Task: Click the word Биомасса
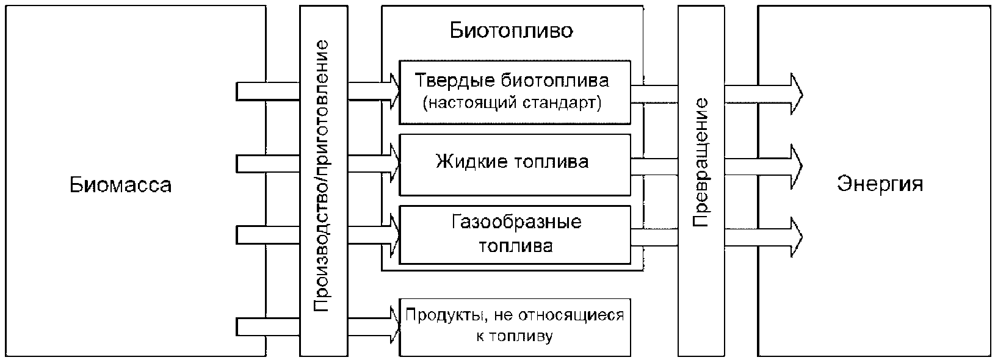120,184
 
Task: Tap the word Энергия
880,184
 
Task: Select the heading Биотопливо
512,31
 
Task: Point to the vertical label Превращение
700,162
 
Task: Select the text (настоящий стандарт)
512,103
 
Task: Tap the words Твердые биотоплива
512,81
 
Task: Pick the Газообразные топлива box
514,234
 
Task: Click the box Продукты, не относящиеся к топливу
514,327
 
